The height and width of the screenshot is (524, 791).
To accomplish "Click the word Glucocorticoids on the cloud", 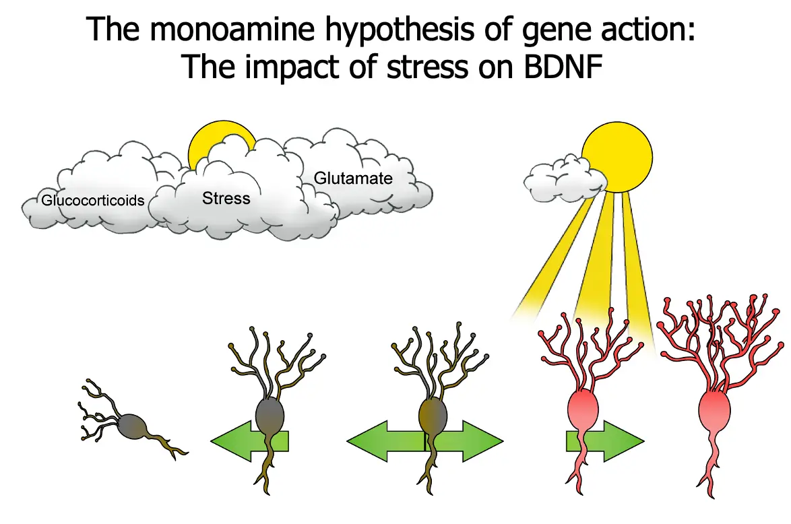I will point(93,200).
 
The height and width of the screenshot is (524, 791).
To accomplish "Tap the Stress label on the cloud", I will point(226,198).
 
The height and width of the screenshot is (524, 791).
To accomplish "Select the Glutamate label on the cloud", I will point(353,178).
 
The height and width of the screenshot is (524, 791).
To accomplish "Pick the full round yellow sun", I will point(617,157).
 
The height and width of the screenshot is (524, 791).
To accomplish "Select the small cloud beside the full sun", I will point(563,176).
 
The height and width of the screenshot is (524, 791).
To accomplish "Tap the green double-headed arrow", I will point(424,442).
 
